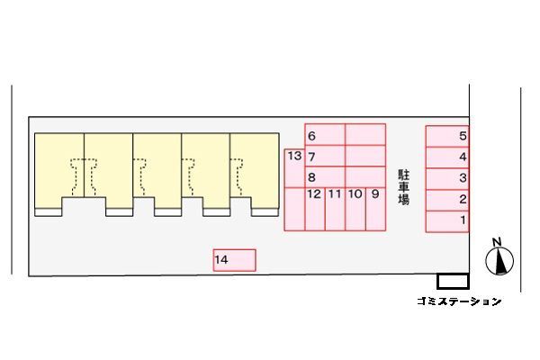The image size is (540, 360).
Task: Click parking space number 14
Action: click(x=235, y=260)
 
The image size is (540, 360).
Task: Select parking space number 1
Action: click(x=447, y=221)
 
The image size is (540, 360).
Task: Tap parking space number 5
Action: click(x=447, y=137)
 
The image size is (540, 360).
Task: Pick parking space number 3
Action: click(x=447, y=179)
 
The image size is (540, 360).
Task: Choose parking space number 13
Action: click(x=294, y=168)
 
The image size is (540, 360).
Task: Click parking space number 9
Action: click(x=375, y=209)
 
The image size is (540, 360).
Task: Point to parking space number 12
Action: click(x=315, y=209)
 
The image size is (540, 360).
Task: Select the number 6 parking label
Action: click(x=311, y=136)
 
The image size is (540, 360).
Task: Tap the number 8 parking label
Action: click(x=311, y=177)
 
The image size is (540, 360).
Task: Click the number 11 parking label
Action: click(x=335, y=194)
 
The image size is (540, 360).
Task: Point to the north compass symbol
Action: click(x=499, y=261)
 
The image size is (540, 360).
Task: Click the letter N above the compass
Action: click(x=496, y=242)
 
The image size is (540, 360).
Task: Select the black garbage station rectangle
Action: click(x=453, y=281)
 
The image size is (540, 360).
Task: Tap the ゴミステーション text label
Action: click(x=459, y=301)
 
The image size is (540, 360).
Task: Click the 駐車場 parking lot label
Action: click(x=403, y=187)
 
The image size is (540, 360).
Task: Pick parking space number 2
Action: click(x=447, y=200)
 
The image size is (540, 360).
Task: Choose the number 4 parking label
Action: click(x=463, y=157)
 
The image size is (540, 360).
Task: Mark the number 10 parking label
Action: click(x=355, y=194)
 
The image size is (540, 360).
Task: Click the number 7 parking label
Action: click(x=311, y=157)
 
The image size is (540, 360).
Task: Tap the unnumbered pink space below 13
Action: click(x=294, y=209)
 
